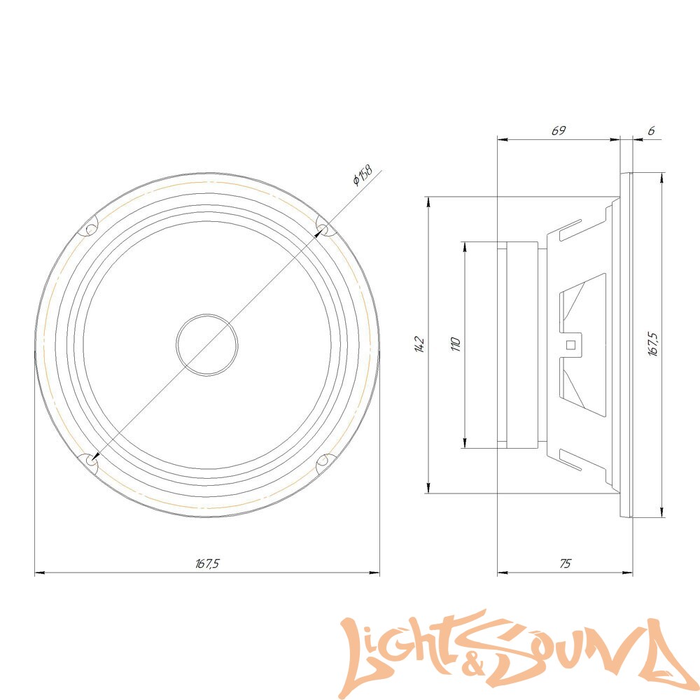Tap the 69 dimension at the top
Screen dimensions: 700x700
point(559,130)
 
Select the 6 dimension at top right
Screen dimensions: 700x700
point(651,131)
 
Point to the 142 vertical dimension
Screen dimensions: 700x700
point(419,344)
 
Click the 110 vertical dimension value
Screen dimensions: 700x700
point(455,344)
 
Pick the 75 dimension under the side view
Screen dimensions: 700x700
point(565,563)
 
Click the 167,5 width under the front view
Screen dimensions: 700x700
point(207,563)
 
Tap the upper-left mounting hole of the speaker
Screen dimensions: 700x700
point(90,230)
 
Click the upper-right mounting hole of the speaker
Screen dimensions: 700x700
point(323,230)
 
